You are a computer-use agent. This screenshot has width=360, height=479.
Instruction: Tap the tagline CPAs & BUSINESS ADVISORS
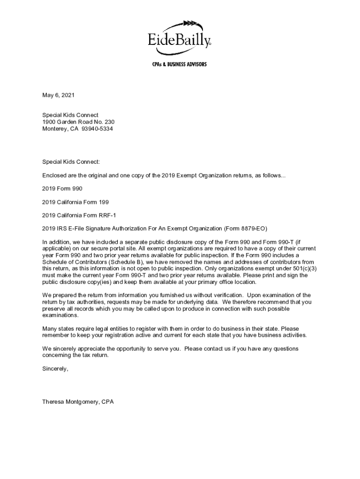180,64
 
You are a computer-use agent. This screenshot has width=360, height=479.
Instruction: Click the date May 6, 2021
58,95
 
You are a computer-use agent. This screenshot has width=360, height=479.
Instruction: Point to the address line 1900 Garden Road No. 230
78,122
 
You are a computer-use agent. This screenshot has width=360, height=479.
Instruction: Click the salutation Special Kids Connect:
71,162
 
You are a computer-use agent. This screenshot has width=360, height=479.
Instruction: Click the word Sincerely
55,369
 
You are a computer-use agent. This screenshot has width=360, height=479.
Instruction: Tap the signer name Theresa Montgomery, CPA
78,402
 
